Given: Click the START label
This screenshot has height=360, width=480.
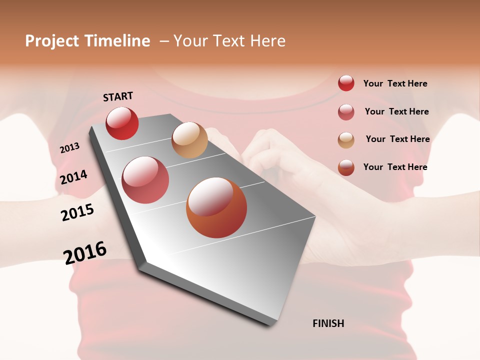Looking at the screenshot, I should click(118, 96).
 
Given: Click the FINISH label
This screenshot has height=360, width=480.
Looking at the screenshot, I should click(328, 323).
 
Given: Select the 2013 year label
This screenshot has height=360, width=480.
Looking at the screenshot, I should click(69, 148).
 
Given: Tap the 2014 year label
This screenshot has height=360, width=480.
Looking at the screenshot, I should click(73, 177).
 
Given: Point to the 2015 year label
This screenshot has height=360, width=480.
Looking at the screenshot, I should click(77, 212).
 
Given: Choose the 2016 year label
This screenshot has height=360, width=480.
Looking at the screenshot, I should click(85, 252).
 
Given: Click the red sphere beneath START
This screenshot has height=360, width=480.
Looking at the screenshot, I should click(122, 123).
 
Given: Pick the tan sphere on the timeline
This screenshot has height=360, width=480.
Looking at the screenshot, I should click(189, 140).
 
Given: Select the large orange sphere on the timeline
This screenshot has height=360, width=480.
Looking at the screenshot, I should click(216, 207).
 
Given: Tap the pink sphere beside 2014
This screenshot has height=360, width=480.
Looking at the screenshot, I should click(145, 180).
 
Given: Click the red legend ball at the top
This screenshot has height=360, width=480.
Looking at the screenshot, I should click(346, 83).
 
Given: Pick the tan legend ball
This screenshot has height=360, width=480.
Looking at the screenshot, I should click(346, 140).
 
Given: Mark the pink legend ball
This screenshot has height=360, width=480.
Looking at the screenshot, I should click(346, 112).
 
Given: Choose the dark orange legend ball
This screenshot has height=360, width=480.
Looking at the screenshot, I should click(346, 167).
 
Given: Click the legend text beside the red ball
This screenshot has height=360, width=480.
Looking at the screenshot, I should click(395, 83).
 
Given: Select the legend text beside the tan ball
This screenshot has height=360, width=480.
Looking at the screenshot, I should click(397, 139).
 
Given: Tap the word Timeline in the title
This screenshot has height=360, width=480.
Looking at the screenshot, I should click(117, 41).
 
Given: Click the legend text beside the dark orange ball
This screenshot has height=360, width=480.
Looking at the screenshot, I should click(395, 167).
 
